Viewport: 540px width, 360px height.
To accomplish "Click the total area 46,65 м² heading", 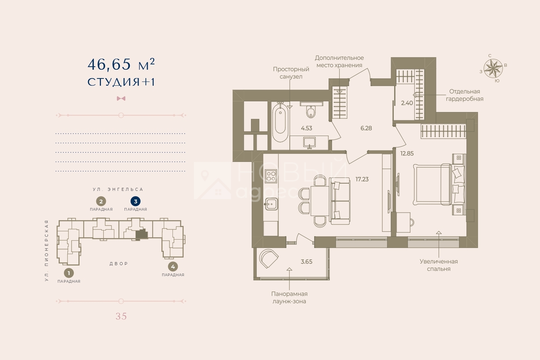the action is click(x=121, y=65).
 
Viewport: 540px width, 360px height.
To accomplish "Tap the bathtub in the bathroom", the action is click(x=280, y=123).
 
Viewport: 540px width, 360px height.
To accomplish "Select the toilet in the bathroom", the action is click(x=311, y=112).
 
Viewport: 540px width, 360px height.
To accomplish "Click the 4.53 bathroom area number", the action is click(x=307, y=128).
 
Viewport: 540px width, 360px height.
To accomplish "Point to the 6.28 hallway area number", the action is click(x=366, y=128).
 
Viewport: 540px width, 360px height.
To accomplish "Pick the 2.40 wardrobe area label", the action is click(x=407, y=103).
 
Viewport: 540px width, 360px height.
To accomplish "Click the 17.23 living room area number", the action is click(x=362, y=179).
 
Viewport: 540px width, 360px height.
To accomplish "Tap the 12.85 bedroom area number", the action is click(x=407, y=154).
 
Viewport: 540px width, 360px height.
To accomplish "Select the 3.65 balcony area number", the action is click(x=307, y=262).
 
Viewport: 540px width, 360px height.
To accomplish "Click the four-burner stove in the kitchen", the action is click(x=271, y=176).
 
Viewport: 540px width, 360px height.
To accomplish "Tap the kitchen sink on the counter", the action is click(x=271, y=204).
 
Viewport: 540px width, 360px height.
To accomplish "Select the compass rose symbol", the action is click(x=493, y=69).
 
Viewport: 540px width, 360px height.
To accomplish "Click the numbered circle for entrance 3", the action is click(x=136, y=202).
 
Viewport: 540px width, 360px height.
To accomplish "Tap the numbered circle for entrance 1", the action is click(x=69, y=273).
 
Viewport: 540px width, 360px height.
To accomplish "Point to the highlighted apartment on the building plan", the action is click(x=142, y=234).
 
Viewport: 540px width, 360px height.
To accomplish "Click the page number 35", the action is click(x=121, y=316).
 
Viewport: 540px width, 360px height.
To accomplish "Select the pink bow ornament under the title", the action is click(x=121, y=98).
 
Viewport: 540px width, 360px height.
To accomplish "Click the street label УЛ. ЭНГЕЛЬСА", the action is click(x=118, y=190).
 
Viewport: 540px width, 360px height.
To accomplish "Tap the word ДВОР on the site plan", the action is click(x=119, y=264).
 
